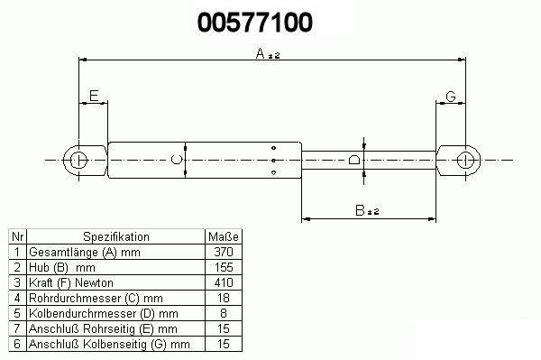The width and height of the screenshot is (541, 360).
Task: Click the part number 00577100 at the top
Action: pyautogui.click(x=255, y=23)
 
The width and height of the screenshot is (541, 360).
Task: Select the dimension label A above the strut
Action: pyautogui.click(x=261, y=53)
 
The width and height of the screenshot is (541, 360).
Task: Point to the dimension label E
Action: pyautogui.click(x=94, y=96)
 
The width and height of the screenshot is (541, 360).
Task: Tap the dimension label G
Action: pyautogui.click(x=451, y=97)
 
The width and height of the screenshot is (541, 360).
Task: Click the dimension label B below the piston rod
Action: pyautogui.click(x=360, y=210)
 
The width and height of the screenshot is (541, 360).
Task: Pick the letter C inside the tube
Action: pyautogui.click(x=177, y=160)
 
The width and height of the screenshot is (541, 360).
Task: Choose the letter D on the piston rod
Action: pyautogui.click(x=354, y=160)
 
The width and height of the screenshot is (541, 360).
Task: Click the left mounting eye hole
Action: pyautogui.click(x=79, y=161)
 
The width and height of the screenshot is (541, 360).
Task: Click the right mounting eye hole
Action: pyautogui.click(x=466, y=161)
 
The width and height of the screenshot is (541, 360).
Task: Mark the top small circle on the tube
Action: pyautogui.click(x=273, y=148)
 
